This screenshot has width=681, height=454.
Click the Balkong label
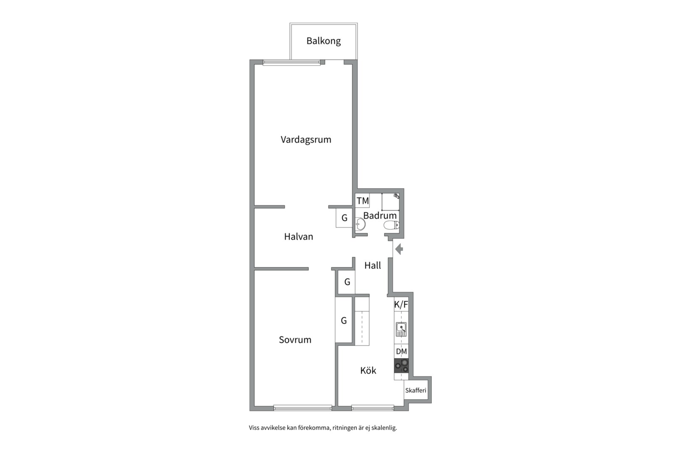tap(324, 41)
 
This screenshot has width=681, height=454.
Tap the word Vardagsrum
tap(306, 140)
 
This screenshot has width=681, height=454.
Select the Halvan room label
tap(298, 237)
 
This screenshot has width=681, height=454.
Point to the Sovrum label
tap(295, 340)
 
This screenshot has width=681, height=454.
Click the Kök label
tap(368, 370)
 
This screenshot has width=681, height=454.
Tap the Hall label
tap(373, 266)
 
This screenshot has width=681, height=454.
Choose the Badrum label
tap(380, 216)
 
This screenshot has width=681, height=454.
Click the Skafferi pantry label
tap(416, 391)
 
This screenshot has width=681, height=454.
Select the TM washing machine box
tap(362, 201)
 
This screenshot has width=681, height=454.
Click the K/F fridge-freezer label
tap(401, 305)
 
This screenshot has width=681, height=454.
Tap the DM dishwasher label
tap(401, 351)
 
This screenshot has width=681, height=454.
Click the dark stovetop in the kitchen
tap(401, 366)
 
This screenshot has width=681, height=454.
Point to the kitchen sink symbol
tap(401, 329)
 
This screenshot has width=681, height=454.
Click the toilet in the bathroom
tap(392, 225)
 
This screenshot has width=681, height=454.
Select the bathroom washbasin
tap(360, 224)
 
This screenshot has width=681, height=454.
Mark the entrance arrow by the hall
tap(399, 250)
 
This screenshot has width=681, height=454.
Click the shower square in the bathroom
tap(391, 202)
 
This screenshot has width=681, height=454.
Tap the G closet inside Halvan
tap(344, 218)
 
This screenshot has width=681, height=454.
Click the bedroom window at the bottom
tap(303, 408)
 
